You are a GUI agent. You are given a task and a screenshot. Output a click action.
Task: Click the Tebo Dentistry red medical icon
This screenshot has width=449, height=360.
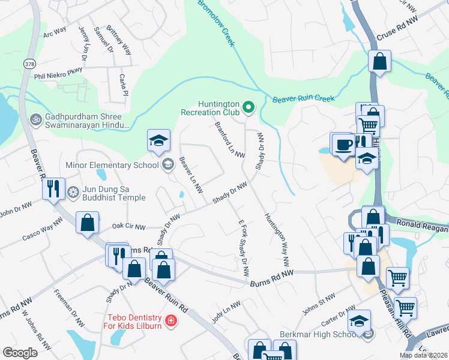coord(171,321)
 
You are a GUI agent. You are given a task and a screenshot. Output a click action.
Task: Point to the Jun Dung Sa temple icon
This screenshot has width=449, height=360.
coord(73,192)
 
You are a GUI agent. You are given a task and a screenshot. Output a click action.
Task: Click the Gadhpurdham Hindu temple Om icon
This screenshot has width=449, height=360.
coord(35,119)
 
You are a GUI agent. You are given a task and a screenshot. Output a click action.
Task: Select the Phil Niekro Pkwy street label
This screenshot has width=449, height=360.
coord(58,76)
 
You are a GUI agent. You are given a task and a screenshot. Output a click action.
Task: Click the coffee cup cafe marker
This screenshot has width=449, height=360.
coord(343,145)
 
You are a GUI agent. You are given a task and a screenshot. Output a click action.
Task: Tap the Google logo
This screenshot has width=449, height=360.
coord(20,353)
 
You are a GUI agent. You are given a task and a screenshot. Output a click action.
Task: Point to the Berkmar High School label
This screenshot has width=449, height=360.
coord(319,334)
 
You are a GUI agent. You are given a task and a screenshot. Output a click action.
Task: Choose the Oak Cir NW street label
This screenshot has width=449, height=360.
coord(129,227)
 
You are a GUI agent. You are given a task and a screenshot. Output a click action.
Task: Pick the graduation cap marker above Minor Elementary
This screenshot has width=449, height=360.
coord(158,140)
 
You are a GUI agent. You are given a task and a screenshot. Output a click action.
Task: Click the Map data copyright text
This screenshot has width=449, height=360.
coord(423,355)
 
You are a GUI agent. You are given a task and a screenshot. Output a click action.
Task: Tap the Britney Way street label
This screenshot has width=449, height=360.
coord(119,40)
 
